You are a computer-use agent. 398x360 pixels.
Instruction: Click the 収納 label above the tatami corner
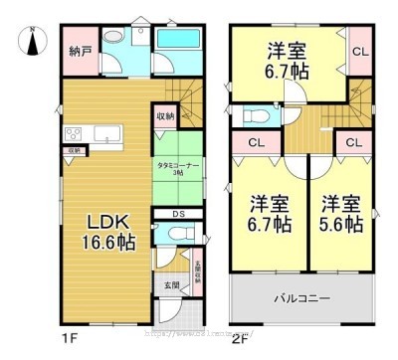pyautogui.click(x=165, y=116)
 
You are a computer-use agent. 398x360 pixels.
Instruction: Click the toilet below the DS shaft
pyautogui.click(x=176, y=235)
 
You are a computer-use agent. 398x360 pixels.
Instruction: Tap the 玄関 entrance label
pyautogui.click(x=173, y=284)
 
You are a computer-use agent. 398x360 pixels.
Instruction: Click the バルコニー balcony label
pyautogui.click(x=302, y=297)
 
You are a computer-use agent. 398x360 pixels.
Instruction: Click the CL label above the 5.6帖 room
pyautogui.click(x=353, y=143)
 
